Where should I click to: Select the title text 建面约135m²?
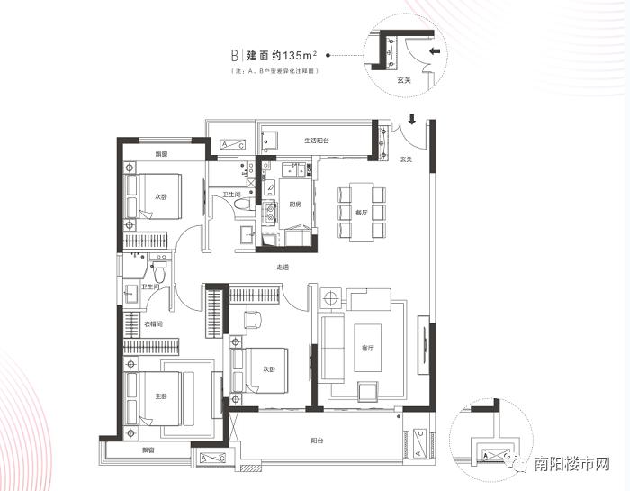click(286, 55)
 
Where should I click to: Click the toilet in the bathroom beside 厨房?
click(240, 207)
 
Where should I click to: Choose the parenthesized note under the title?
click(276, 69)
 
